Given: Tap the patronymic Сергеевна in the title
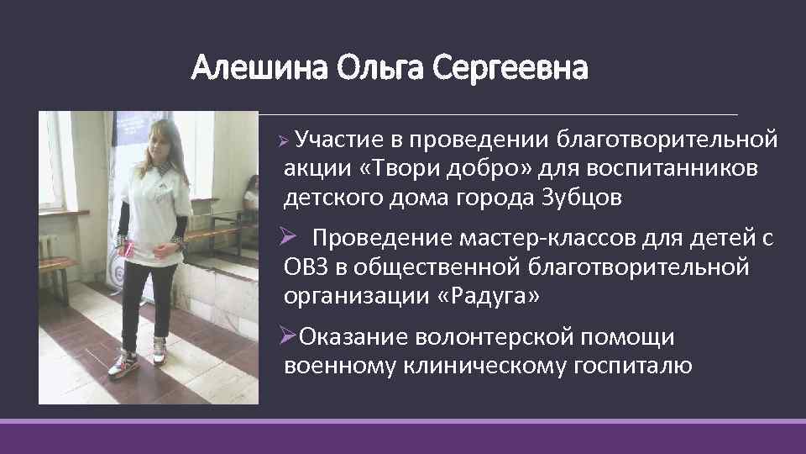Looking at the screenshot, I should (512, 67).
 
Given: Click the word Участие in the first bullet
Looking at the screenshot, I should (338, 138).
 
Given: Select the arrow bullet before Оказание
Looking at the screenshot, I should (288, 336).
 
